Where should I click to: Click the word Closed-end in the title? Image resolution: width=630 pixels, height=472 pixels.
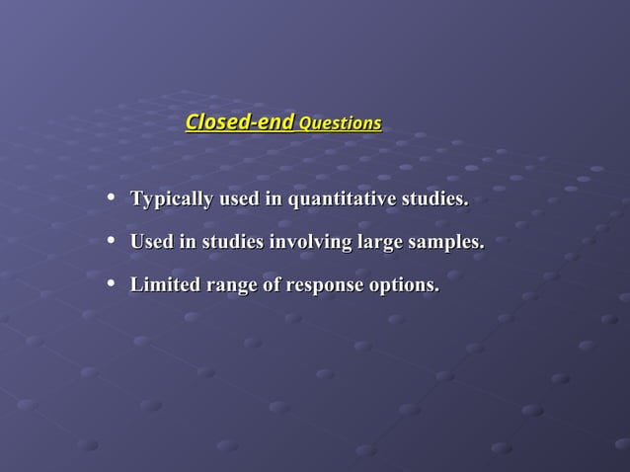(x=240, y=123)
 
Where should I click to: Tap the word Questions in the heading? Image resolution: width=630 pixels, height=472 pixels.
(x=340, y=124)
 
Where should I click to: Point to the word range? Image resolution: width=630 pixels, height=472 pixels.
(x=234, y=286)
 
